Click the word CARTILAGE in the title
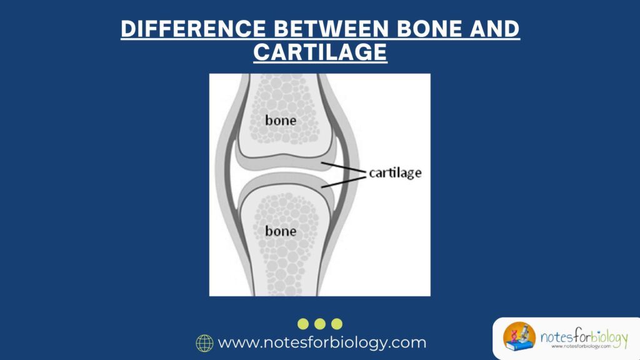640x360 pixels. (x=319, y=52)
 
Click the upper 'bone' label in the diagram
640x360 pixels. (x=281, y=120)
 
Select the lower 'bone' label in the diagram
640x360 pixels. (x=281, y=231)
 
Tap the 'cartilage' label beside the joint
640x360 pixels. (x=394, y=173)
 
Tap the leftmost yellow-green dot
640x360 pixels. (x=303, y=324)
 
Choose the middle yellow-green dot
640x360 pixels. (x=320, y=324)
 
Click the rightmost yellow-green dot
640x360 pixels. (x=337, y=324)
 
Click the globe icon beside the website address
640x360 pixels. (x=204, y=343)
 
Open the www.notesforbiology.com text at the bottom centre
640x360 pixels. (x=322, y=343)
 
